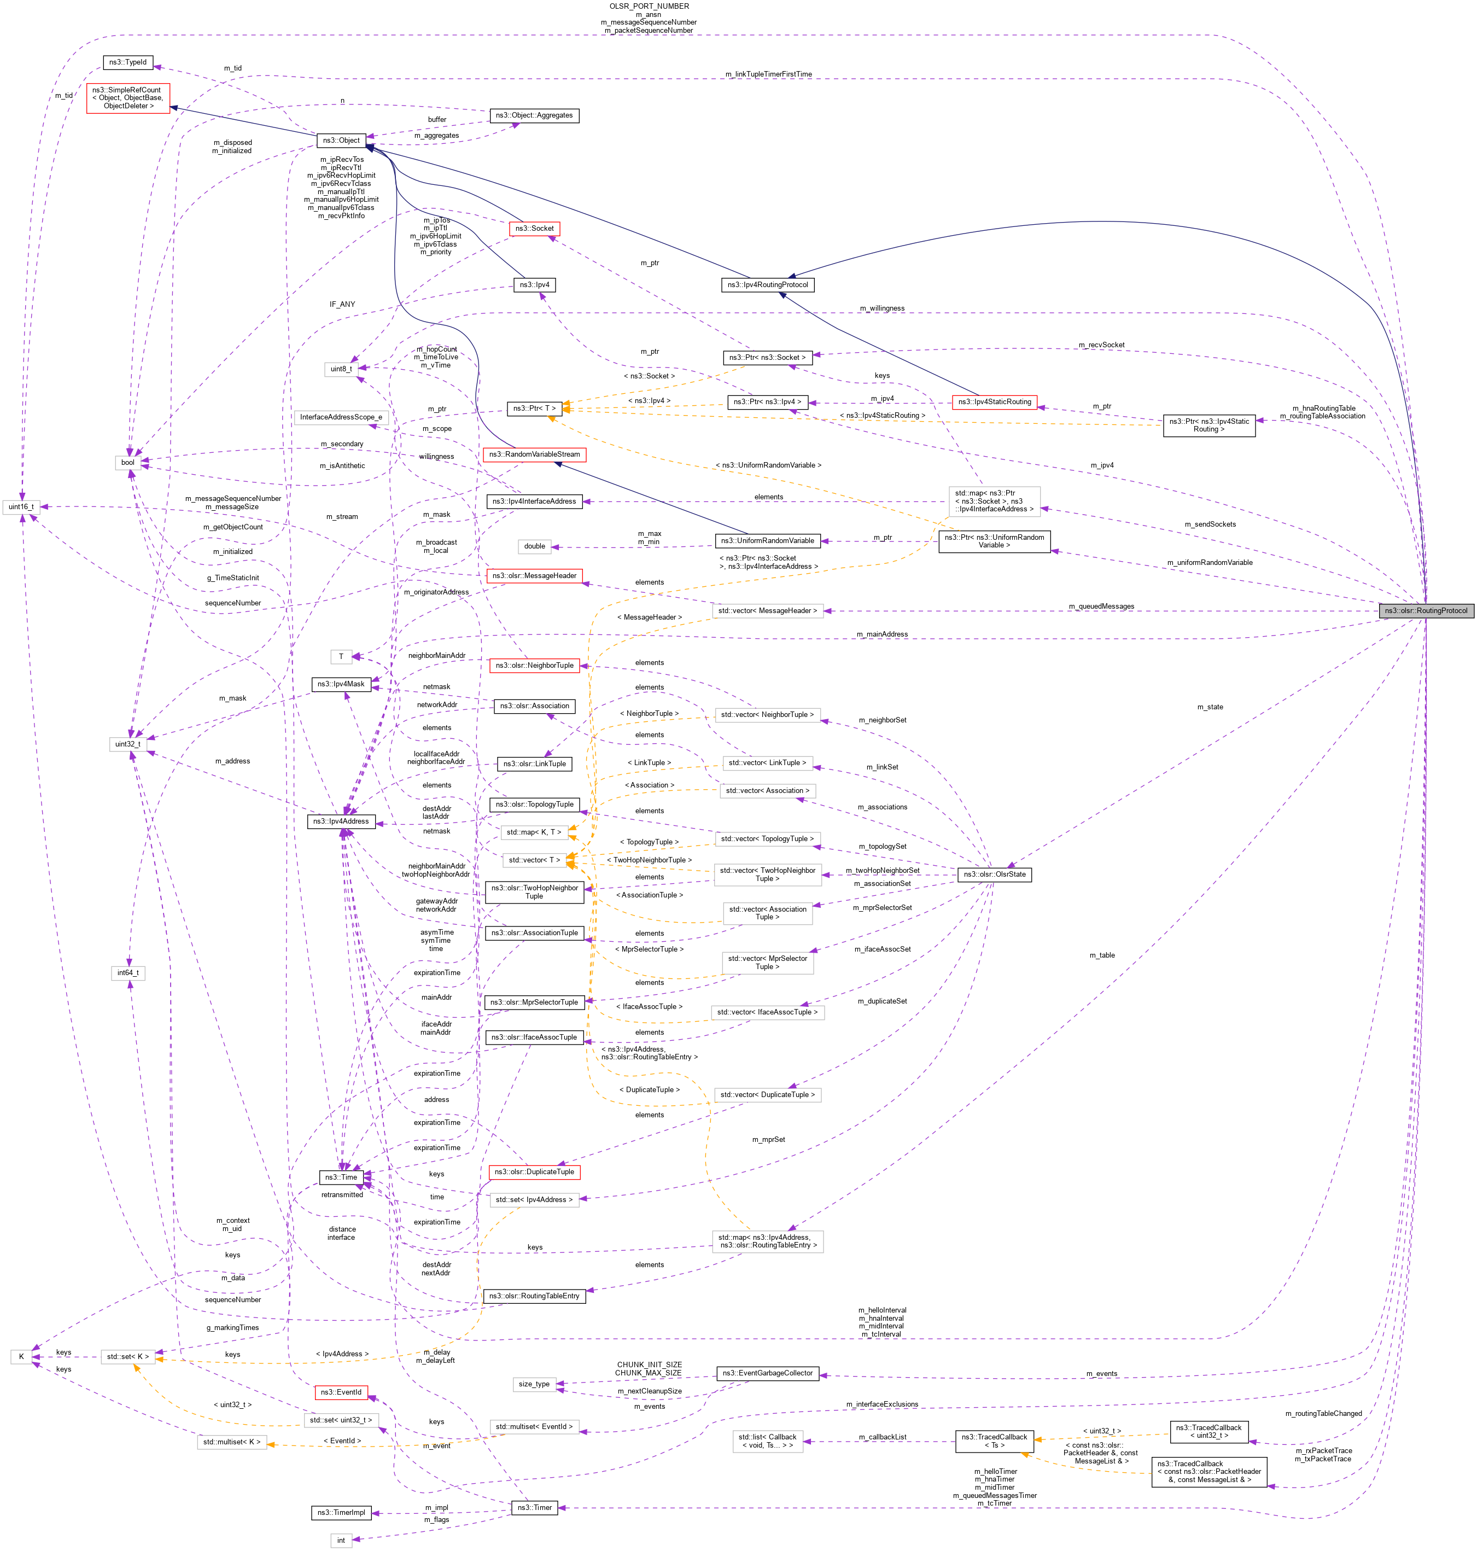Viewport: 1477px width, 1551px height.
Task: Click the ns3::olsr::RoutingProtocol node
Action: click(x=1426, y=610)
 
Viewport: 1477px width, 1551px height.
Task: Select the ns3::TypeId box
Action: click(x=127, y=62)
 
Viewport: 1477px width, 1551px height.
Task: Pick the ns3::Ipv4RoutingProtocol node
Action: click(x=768, y=284)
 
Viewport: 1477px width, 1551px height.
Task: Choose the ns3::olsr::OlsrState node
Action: click(x=994, y=874)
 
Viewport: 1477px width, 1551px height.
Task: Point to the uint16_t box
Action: click(x=21, y=506)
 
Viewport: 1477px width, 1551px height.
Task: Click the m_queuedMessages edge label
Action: click(x=1101, y=606)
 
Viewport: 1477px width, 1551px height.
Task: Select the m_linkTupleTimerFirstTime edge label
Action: click(x=768, y=74)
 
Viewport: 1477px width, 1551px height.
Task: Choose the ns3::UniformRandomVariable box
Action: click(x=768, y=540)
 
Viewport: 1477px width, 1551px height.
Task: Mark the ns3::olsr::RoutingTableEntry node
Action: click(x=534, y=1296)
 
